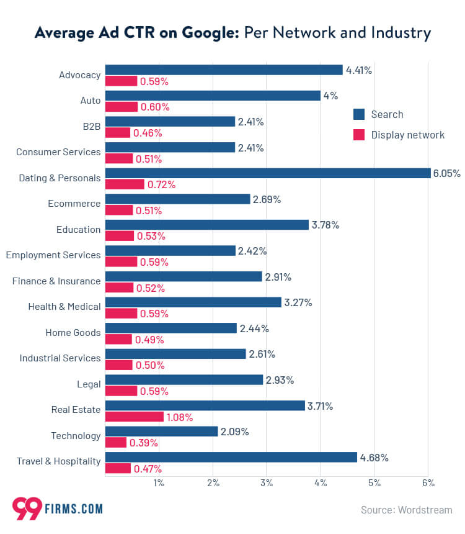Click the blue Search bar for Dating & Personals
click(x=268, y=173)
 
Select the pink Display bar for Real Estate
click(x=135, y=417)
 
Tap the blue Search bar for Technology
click(x=161, y=432)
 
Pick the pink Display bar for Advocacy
click(x=121, y=81)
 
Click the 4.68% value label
click(x=375, y=458)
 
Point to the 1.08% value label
click(x=180, y=417)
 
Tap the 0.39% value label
click(x=143, y=443)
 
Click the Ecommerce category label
click(x=74, y=204)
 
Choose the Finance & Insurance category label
click(x=56, y=281)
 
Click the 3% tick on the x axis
click(x=266, y=483)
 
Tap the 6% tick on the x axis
click(x=428, y=483)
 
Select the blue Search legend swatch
click(x=358, y=114)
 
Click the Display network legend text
click(x=407, y=135)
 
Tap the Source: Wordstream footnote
click(x=406, y=510)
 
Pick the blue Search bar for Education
click(x=207, y=225)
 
